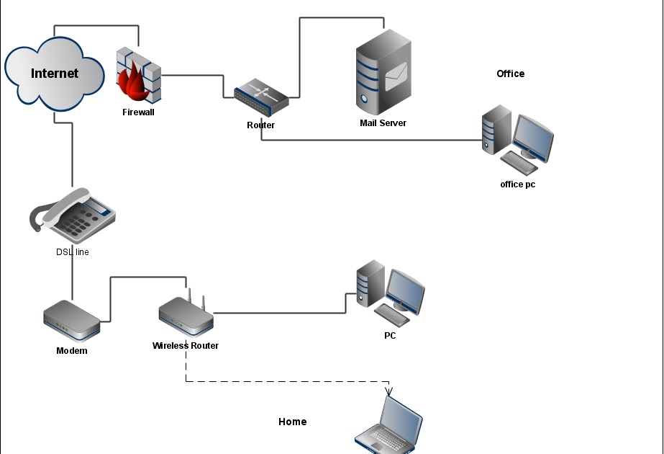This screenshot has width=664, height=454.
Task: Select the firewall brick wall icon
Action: coord(138,75)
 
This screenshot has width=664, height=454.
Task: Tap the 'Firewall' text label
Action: coord(138,112)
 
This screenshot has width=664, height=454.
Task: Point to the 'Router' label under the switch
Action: coord(260,125)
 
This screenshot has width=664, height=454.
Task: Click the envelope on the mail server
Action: coord(396,76)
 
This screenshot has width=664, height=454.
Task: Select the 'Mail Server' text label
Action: coord(383,123)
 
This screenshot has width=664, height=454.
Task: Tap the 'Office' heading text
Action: coord(510,74)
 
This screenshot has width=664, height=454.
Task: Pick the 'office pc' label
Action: coord(517,184)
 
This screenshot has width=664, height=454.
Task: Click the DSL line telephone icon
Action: coord(73,215)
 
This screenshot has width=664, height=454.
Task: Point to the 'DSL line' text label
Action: coord(73,252)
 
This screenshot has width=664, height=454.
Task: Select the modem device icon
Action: coord(71,321)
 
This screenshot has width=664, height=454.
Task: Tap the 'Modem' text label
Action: coord(72,351)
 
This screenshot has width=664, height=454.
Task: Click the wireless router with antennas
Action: coord(186,314)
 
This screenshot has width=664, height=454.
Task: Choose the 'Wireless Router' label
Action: coord(186,346)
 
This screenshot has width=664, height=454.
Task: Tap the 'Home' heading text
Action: coord(292,422)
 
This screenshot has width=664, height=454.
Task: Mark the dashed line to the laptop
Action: coord(288,382)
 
